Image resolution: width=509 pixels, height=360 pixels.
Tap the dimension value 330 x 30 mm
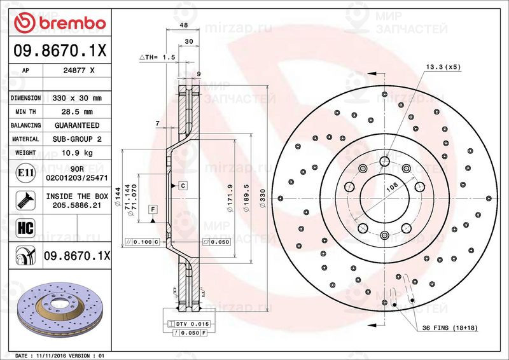pos(77,99)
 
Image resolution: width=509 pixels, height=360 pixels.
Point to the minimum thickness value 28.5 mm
pos(77,112)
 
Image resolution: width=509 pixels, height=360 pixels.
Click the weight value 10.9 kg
pos(77,153)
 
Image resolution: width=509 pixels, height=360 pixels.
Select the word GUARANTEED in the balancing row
pos(77,125)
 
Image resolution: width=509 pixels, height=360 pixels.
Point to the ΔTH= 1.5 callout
pos(157,57)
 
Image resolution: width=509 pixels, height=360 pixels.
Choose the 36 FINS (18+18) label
pos(451,328)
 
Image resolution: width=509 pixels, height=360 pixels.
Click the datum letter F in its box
pos(153,209)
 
